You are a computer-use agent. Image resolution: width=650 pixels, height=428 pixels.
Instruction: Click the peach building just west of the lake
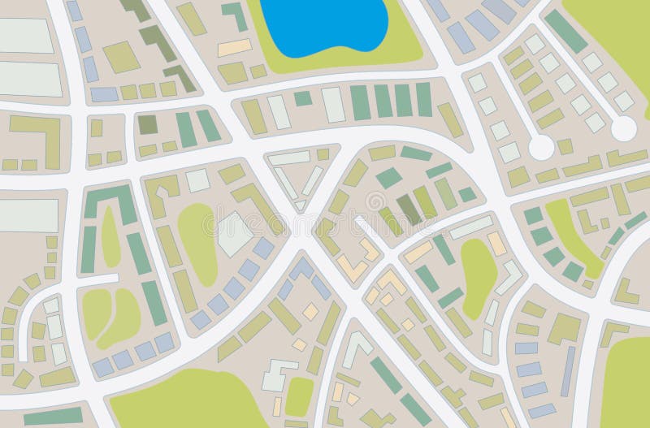(235, 47)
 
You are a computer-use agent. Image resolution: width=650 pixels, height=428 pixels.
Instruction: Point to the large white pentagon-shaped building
(234, 232)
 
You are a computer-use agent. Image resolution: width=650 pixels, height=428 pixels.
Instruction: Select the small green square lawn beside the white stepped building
(299, 396)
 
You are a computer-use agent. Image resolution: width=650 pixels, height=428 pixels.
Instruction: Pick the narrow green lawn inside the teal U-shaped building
(110, 236)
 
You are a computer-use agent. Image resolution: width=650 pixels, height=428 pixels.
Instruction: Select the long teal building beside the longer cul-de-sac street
(565, 31)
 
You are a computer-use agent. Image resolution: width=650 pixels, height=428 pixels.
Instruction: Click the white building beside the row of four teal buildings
(333, 105)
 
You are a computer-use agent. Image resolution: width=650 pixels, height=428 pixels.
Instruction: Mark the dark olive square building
(147, 124)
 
